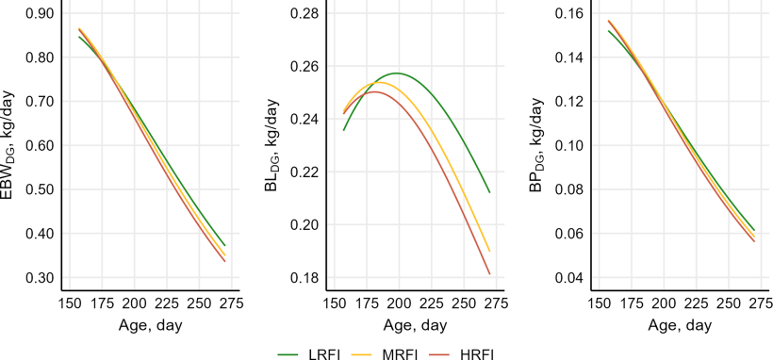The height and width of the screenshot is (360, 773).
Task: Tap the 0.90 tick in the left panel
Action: click(x=40, y=13)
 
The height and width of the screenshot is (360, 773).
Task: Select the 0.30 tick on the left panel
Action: click(x=40, y=278)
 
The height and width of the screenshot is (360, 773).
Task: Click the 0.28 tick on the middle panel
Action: click(x=304, y=13)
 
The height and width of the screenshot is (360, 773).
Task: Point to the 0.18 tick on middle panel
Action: click(x=304, y=278)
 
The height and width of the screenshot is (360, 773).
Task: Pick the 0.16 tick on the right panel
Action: click(x=569, y=13)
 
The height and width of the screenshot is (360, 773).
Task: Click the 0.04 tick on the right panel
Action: click(x=569, y=278)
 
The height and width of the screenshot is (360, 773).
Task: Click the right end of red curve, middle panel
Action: click(x=490, y=274)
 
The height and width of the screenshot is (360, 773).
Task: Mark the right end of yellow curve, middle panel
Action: click(x=490, y=251)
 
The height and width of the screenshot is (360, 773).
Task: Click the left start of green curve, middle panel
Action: click(x=344, y=129)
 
